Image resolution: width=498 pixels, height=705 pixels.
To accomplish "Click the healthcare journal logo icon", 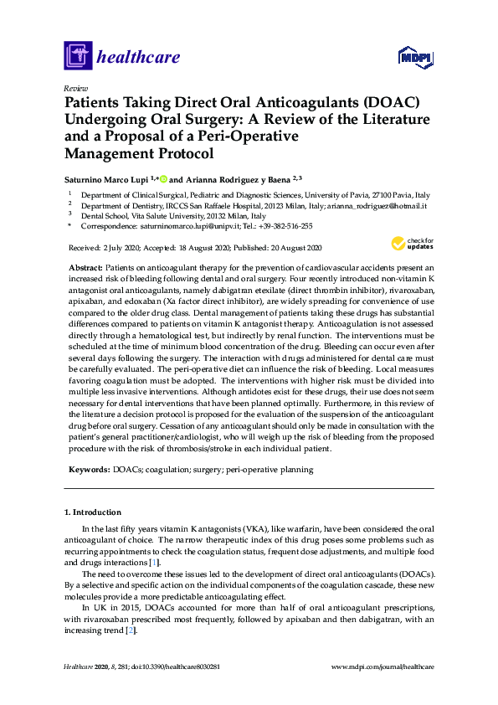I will tap(78, 56).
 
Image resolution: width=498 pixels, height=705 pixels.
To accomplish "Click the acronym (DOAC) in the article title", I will tap(384, 103).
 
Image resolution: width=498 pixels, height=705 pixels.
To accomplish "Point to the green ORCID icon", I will tap(164, 178).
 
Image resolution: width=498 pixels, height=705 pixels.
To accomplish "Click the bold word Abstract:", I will tap(85, 265).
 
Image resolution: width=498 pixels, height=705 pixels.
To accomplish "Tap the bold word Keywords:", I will tap(87, 470).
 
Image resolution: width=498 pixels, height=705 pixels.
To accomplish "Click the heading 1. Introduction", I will tap(92, 512).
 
